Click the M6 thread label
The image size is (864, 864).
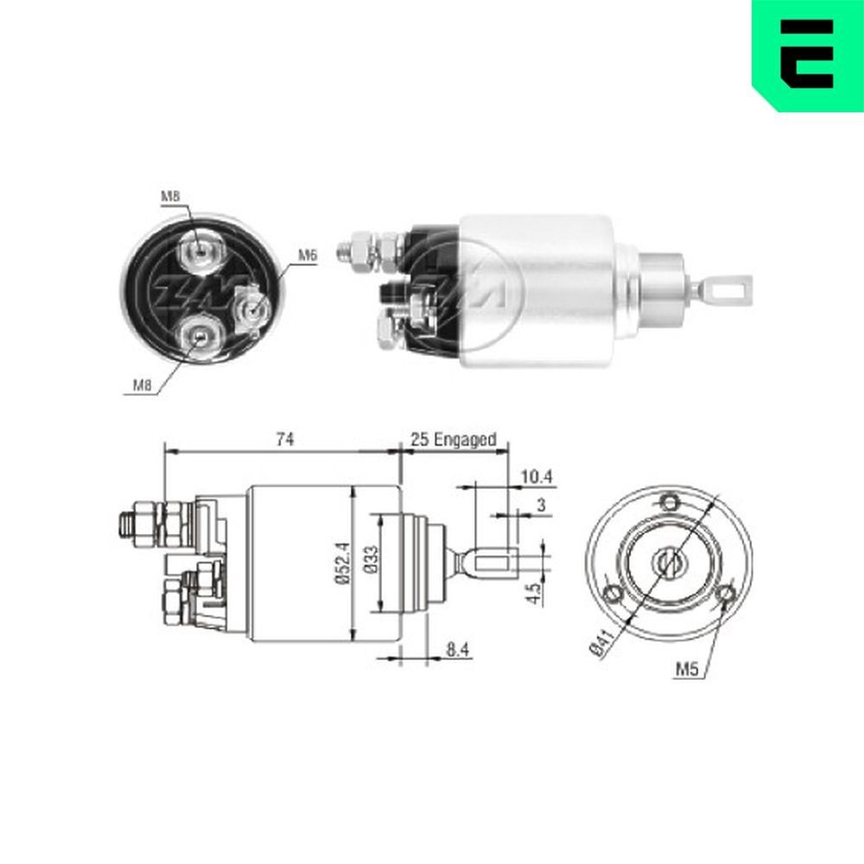308,255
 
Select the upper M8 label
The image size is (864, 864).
170,197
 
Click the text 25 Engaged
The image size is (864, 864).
454,440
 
